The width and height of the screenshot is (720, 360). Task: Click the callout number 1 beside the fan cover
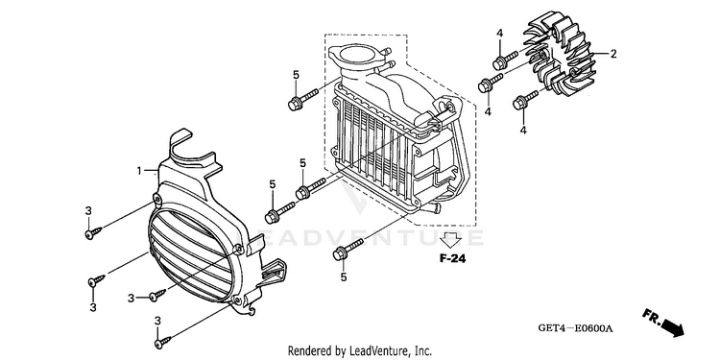point(139,171)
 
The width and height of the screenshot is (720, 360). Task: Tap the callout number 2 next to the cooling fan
point(613,54)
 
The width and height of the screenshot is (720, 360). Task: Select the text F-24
point(453,259)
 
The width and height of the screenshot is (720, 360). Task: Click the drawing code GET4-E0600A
point(576,328)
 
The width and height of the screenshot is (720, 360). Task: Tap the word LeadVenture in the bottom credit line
point(377,350)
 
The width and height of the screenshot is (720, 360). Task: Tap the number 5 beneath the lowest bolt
point(344,276)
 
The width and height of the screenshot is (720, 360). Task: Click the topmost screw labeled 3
point(94,232)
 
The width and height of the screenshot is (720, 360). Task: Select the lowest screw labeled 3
point(163,341)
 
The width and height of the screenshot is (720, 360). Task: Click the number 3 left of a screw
point(132,299)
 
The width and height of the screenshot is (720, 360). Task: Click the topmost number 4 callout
point(499,33)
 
